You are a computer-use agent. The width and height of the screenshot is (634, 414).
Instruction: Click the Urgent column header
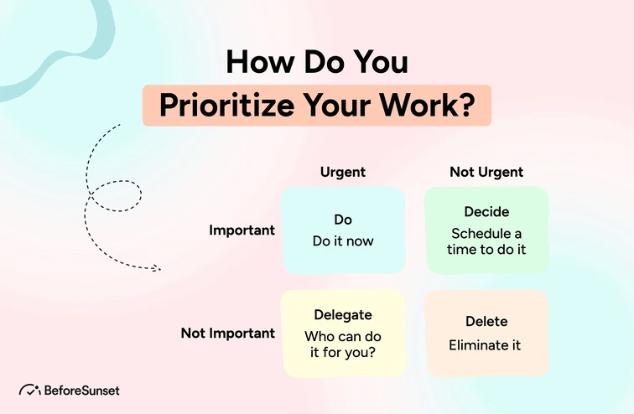point(343,172)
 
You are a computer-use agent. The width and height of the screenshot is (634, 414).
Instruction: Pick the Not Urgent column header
point(486,172)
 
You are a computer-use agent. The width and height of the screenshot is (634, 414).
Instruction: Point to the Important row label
point(242,230)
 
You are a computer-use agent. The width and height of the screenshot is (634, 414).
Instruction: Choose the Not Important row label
point(228,333)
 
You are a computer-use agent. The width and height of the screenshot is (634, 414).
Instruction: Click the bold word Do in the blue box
point(343,220)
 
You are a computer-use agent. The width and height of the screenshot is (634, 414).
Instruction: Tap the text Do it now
point(343,241)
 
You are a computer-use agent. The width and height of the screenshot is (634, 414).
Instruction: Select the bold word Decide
point(486,212)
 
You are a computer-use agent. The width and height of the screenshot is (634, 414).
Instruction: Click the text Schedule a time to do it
point(486,241)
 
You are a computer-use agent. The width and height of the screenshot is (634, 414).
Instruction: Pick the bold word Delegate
point(343,315)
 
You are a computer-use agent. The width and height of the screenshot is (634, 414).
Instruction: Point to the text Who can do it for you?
point(343,344)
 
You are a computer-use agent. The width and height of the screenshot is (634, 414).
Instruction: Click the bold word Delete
point(486,322)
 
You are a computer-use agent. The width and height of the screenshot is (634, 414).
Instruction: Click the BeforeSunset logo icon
point(29,391)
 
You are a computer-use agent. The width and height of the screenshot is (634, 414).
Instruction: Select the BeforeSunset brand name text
point(82,391)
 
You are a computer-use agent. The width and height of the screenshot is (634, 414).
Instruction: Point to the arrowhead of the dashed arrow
point(157,268)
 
